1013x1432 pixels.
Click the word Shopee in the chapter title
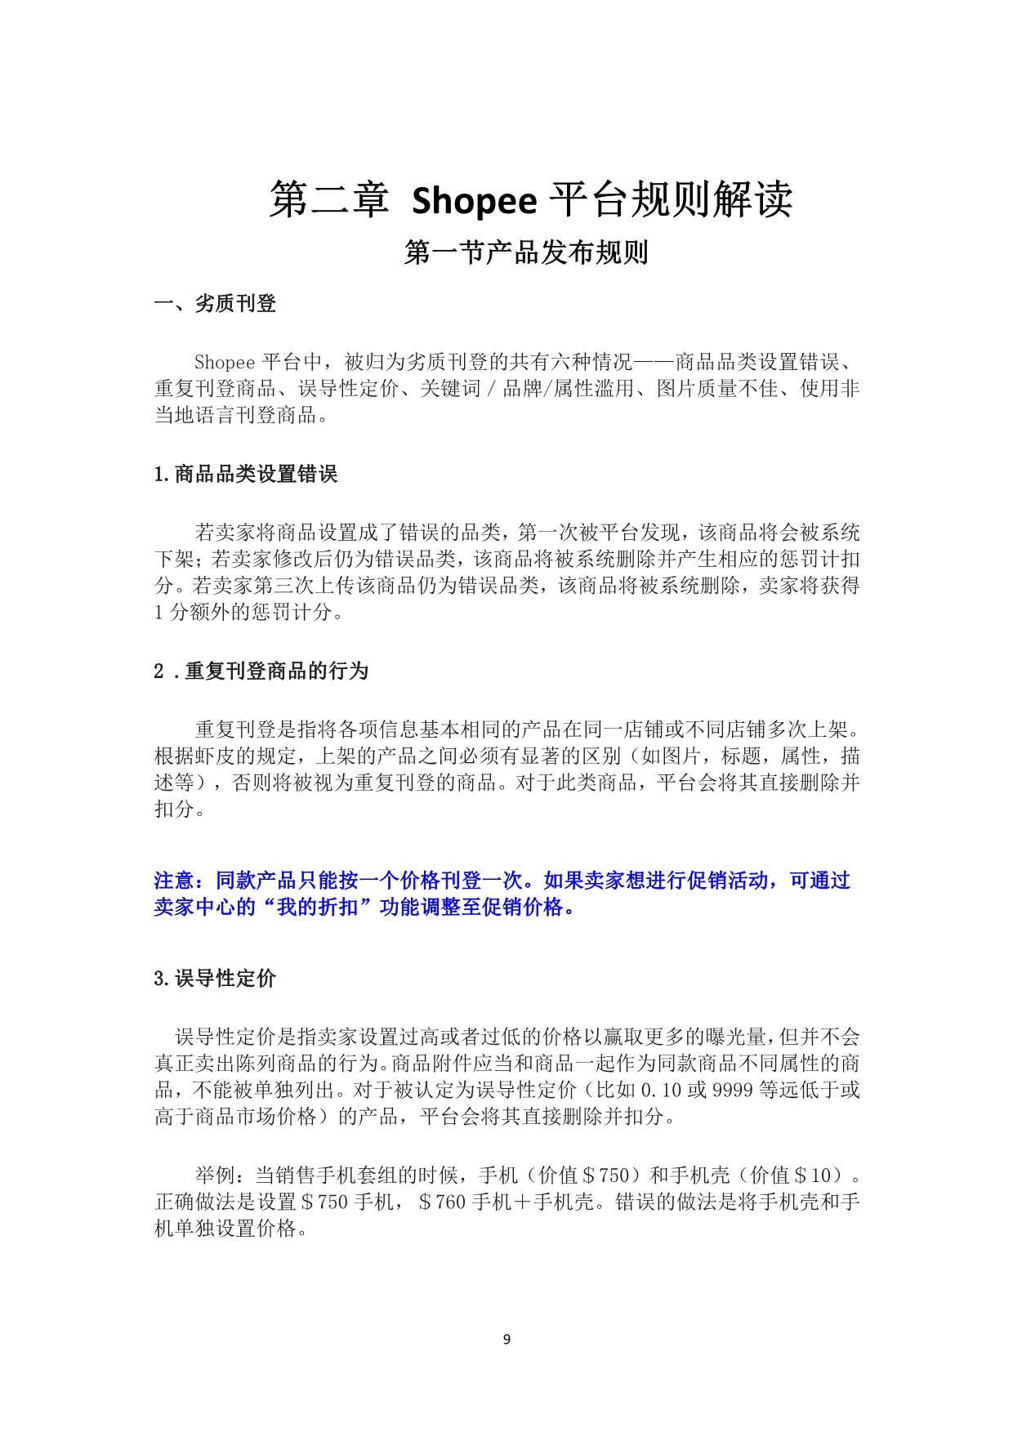(x=474, y=201)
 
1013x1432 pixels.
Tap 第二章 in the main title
(x=329, y=201)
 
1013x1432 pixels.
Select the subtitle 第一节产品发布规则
(x=526, y=253)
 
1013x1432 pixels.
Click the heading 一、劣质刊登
(x=216, y=304)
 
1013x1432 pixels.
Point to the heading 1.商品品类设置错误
(x=245, y=474)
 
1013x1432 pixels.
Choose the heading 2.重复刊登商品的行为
(x=261, y=671)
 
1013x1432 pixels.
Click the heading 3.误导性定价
(x=215, y=978)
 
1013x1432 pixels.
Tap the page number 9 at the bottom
(x=506, y=1340)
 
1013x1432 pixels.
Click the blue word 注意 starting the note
(x=174, y=881)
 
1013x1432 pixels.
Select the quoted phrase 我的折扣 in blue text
(x=317, y=908)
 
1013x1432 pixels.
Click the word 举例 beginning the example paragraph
(x=215, y=1175)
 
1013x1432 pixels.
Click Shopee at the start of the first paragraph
(x=225, y=363)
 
